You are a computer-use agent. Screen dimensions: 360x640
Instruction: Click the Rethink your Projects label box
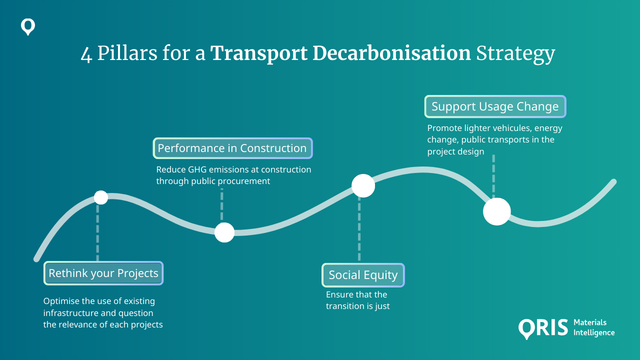pos(103,273)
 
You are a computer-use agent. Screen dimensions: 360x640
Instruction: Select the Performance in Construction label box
pos(232,148)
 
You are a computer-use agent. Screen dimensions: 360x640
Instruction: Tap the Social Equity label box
pos(363,275)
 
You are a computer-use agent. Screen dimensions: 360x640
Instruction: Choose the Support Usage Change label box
pos(495,106)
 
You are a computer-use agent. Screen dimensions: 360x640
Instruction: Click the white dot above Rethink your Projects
pos(101,197)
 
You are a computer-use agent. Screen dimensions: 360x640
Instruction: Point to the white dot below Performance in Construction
pos(224,232)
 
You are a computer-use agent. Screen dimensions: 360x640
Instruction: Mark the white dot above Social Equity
pos(363,186)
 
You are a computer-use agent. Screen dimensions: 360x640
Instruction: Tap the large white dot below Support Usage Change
pos(496,211)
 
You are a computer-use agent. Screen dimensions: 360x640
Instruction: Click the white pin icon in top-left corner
pos(28,27)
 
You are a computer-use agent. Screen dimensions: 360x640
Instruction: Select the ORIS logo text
pos(543,328)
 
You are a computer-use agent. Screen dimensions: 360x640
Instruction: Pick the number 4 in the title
pos(86,54)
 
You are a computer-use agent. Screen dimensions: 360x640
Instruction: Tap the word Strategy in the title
pos(515,54)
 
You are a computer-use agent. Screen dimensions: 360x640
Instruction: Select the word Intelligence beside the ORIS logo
pos(594,332)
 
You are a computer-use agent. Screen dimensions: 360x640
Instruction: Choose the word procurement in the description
pos(244,181)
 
